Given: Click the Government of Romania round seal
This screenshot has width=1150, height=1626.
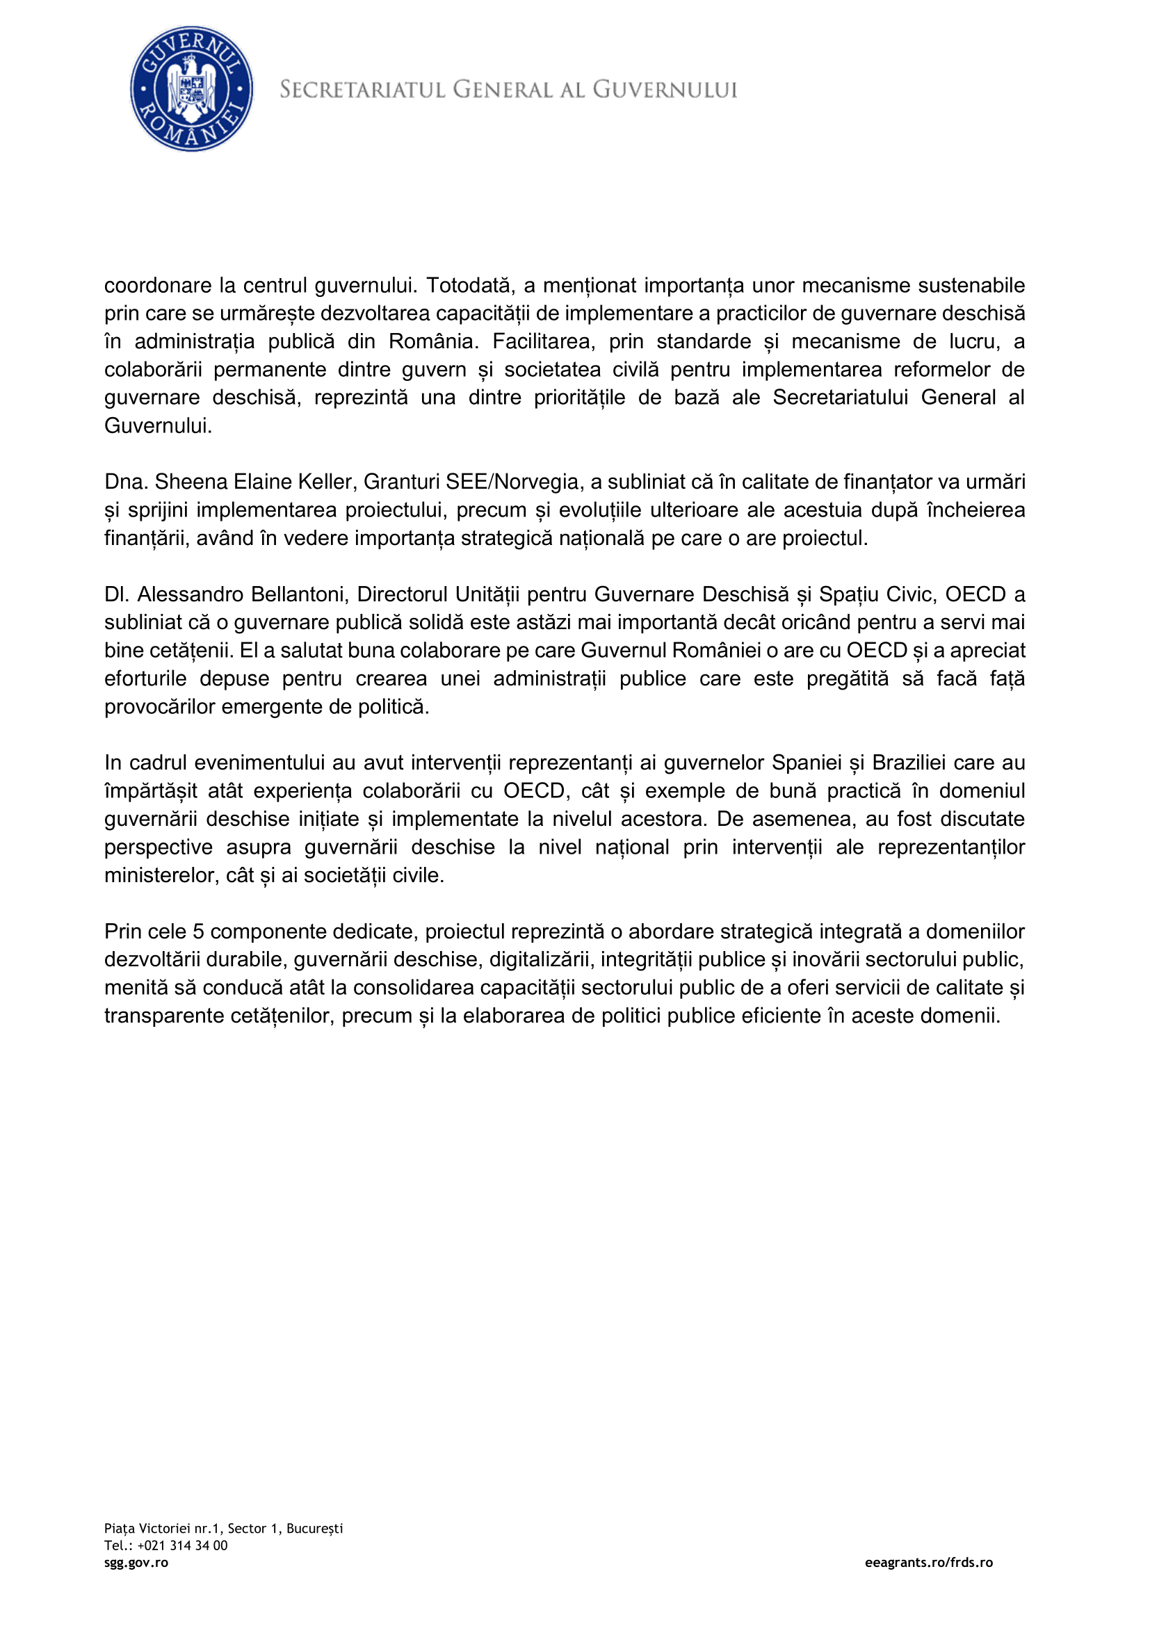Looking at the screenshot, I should (x=191, y=89).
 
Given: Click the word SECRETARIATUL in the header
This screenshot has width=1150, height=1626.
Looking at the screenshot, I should (x=362, y=90).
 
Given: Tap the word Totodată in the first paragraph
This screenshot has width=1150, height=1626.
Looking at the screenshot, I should (x=468, y=286).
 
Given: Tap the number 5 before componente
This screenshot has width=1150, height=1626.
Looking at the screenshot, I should (x=198, y=932).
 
